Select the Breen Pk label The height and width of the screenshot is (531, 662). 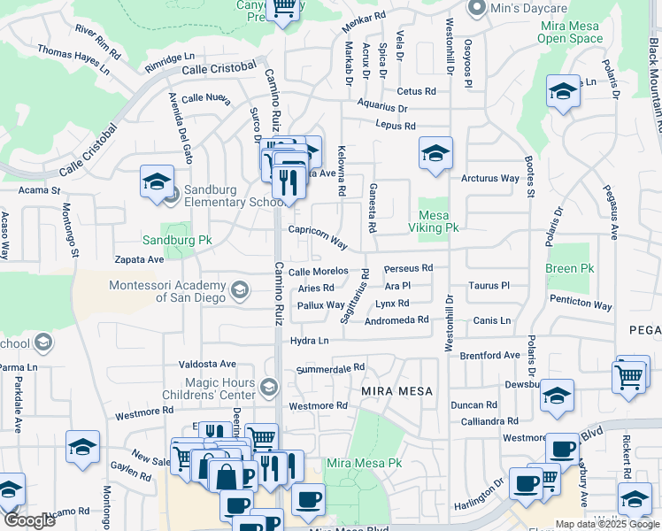pyautogui.click(x=569, y=268)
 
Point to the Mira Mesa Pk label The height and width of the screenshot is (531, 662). pyautogui.click(x=364, y=463)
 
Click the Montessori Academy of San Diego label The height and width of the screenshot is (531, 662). pyautogui.click(x=168, y=291)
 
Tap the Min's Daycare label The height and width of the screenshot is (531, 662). pyautogui.click(x=522, y=9)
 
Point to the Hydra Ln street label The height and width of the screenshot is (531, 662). pyautogui.click(x=309, y=341)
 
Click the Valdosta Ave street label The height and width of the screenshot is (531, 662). pyautogui.click(x=207, y=364)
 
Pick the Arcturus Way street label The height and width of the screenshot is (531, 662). pyautogui.click(x=489, y=178)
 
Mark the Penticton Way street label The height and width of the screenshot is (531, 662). pyautogui.click(x=581, y=305)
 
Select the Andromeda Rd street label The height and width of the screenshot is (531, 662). pyautogui.click(x=396, y=319)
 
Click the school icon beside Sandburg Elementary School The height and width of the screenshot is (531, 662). pyautogui.click(x=157, y=182)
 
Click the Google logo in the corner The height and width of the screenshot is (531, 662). pyautogui.click(x=29, y=520)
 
